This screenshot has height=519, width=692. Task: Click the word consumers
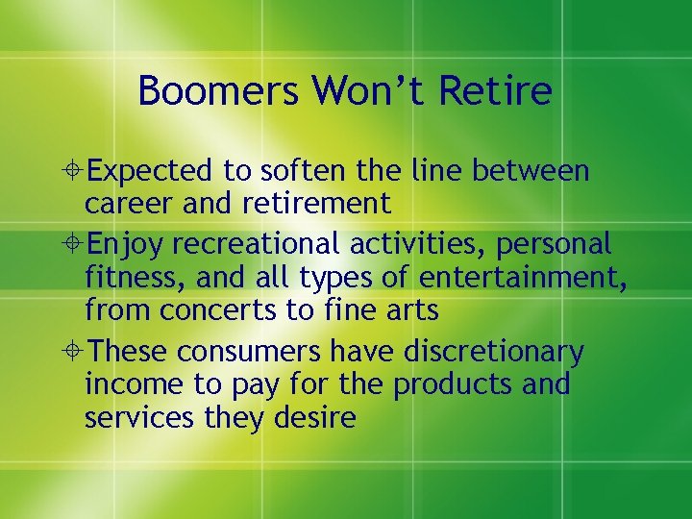(259, 353)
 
